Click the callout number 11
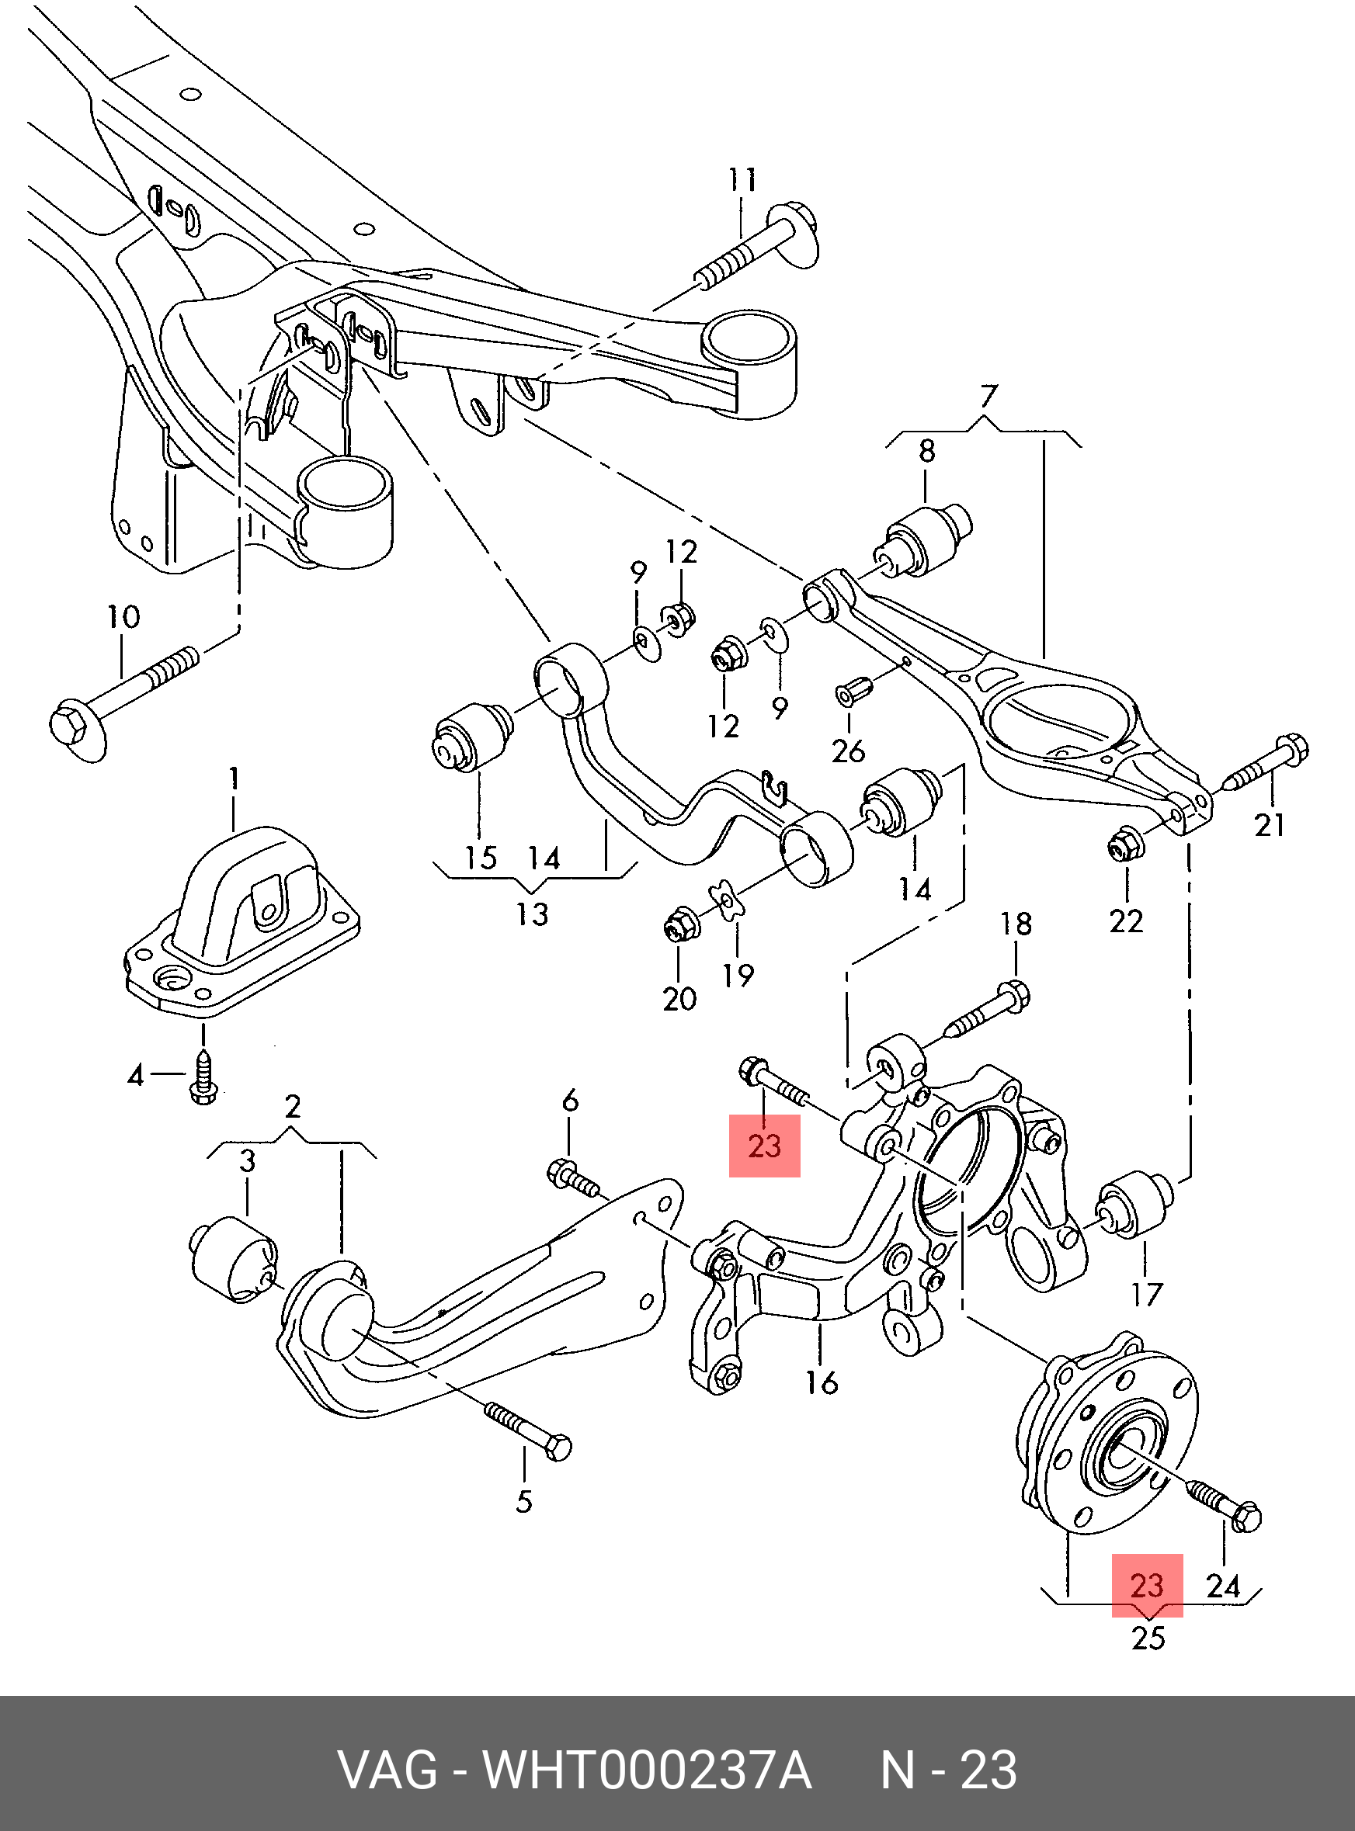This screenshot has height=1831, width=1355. [x=742, y=180]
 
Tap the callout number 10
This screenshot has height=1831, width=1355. [x=123, y=616]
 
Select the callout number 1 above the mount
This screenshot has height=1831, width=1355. [x=235, y=777]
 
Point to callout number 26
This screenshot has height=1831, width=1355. [x=848, y=751]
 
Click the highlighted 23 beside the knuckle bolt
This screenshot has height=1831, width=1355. [x=764, y=1146]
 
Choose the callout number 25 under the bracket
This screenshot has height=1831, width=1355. [x=1148, y=1638]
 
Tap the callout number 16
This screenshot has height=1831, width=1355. [x=821, y=1382]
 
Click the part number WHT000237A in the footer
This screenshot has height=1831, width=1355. [x=647, y=1770]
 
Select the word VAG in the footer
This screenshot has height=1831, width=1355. [x=388, y=1770]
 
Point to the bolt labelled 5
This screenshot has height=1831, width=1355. [x=529, y=1430]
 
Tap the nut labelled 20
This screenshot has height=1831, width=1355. [x=680, y=924]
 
